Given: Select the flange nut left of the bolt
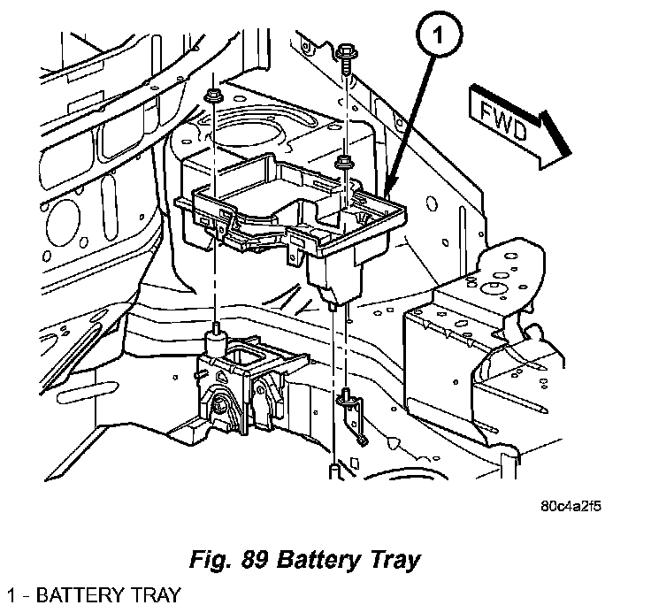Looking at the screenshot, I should pos(211,95).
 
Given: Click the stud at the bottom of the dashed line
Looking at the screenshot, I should pos(333,470).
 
